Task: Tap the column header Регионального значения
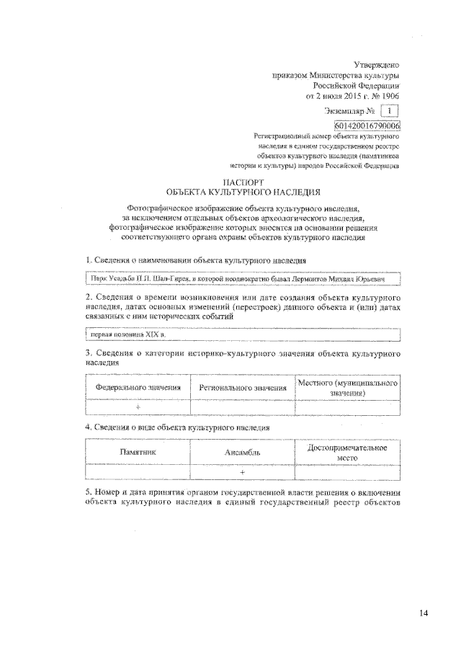tap(243, 388)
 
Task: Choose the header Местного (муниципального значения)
tap(348, 388)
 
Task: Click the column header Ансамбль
tap(243, 453)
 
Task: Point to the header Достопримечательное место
tap(348, 452)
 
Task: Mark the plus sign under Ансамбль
tap(243, 471)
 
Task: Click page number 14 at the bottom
tap(424, 613)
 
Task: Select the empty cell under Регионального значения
tap(243, 407)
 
